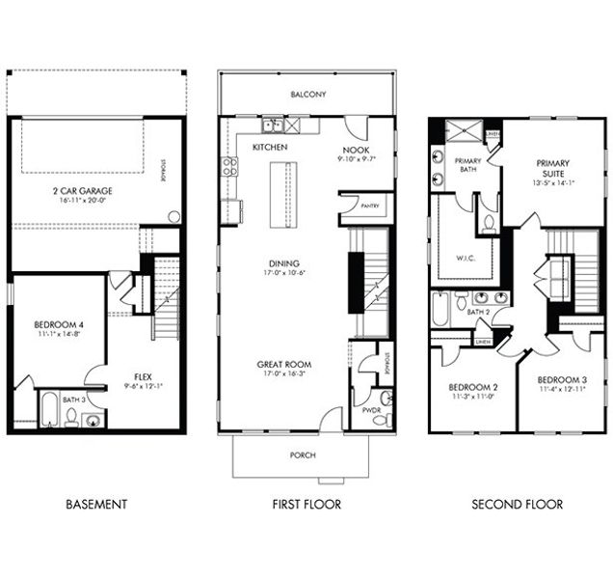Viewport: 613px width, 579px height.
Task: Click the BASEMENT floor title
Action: [x=96, y=504]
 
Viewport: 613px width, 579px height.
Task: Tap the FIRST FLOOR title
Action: [x=307, y=504]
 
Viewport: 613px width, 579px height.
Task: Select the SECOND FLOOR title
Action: [x=517, y=504]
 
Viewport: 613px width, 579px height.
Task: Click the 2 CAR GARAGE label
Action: [x=82, y=191]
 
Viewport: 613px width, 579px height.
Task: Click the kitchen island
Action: [x=283, y=193]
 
